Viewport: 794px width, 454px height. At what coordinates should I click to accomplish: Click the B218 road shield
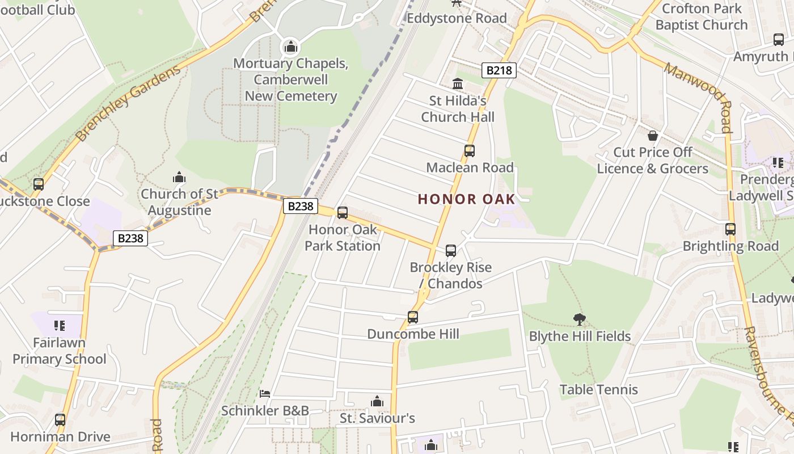(499, 70)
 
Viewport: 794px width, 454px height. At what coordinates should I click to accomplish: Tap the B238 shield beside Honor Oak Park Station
(300, 206)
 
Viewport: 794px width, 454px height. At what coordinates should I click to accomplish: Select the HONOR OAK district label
(466, 199)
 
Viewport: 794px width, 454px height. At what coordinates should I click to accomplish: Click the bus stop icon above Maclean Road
(470, 151)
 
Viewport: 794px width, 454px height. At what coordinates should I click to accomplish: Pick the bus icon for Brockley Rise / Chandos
(451, 250)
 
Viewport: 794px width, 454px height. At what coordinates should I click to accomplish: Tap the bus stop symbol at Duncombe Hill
(413, 317)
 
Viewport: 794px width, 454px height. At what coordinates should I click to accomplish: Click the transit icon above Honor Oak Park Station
(343, 213)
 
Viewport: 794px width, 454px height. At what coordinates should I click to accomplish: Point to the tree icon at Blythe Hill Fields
(579, 320)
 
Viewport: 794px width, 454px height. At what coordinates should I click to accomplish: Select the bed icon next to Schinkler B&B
(265, 394)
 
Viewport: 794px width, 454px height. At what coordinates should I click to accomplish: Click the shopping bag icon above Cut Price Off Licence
(653, 136)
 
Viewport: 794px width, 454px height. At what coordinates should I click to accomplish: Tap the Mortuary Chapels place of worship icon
(291, 47)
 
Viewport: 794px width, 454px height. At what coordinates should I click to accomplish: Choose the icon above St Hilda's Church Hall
(458, 85)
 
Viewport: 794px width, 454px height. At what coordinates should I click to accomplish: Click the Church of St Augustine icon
(179, 178)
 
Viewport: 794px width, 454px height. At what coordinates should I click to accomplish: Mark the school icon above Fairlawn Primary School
(60, 326)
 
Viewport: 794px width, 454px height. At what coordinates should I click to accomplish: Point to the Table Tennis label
(598, 390)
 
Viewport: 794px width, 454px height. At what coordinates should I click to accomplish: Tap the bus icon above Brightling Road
(730, 229)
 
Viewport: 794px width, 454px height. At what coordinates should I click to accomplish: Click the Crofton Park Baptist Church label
(702, 17)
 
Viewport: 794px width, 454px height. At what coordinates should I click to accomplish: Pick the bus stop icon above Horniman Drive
(60, 420)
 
